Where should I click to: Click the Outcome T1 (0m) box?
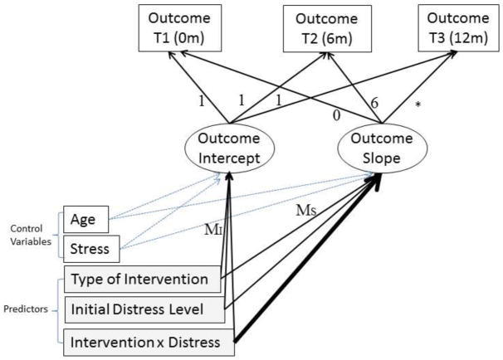pos(176,27)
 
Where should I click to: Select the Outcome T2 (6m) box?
pos(323,27)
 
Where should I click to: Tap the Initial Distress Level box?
pos(146,309)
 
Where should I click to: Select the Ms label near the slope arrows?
pos(307,213)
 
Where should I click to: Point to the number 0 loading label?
pos(335,114)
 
